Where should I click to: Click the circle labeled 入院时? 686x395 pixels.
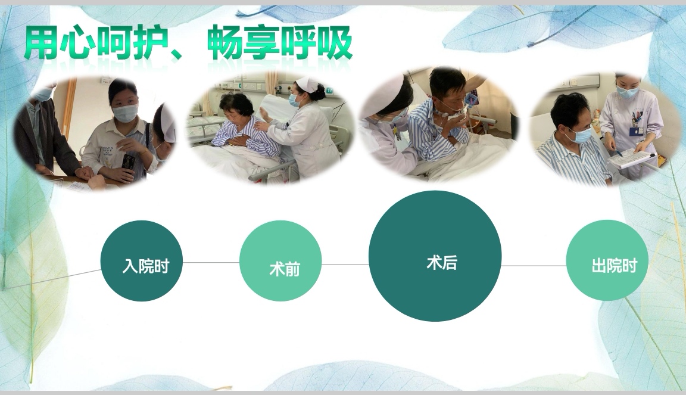(142, 261)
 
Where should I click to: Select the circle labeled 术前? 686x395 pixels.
(280, 261)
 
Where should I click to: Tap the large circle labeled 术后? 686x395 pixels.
(435, 256)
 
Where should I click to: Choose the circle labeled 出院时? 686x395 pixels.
(607, 260)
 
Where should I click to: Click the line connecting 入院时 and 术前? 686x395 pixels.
(211, 262)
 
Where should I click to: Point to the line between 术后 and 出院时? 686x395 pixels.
(534, 266)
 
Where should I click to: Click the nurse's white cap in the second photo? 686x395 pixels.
(306, 83)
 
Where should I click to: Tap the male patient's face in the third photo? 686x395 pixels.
(448, 95)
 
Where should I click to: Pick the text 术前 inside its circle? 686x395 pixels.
(285, 269)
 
